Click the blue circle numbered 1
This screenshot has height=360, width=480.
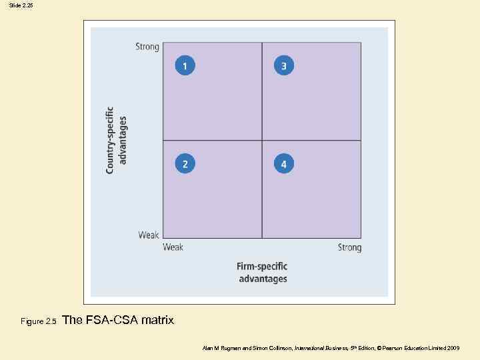coord(185,65)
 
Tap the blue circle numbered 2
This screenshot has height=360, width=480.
coord(185,163)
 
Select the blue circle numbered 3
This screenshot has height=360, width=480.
coord(283,65)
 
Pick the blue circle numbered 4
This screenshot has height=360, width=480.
coord(283,163)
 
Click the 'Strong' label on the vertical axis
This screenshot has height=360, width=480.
coord(147,47)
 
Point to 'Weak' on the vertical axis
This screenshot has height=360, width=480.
coord(149,235)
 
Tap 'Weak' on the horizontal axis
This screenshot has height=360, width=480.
coord(173,247)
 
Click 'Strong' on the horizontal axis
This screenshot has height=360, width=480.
coord(349,247)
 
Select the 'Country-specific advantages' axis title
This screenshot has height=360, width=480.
coord(116,140)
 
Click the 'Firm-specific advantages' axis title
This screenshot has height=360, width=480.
coord(263,273)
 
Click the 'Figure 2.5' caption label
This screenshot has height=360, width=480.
coord(39,321)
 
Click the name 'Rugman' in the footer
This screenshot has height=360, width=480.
coord(227,348)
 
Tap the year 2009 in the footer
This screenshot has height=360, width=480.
coord(453,348)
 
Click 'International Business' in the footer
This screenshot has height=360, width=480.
coord(319,348)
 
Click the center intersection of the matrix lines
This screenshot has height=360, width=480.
coord(262,141)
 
